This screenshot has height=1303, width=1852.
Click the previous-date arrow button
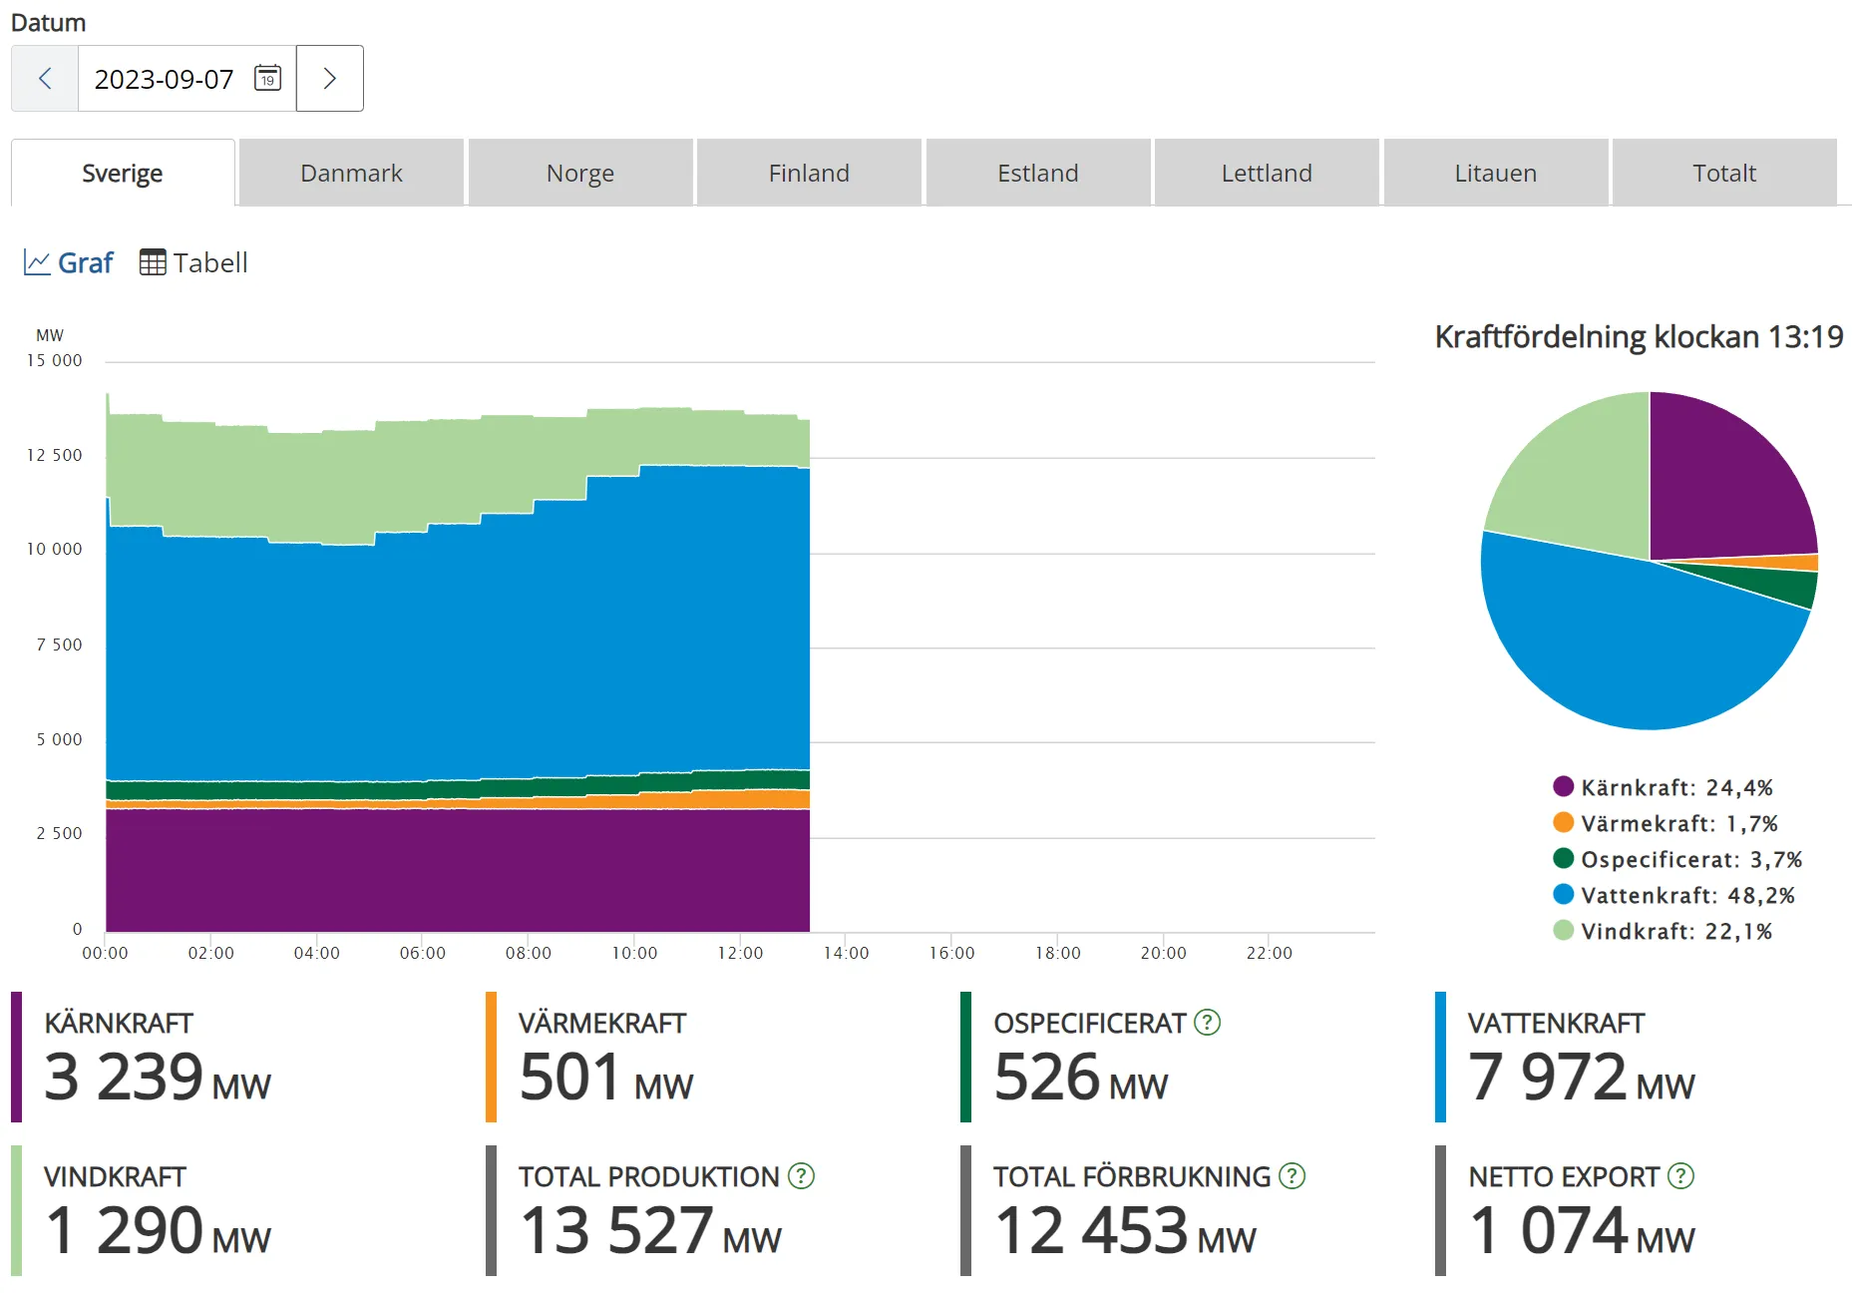click(45, 79)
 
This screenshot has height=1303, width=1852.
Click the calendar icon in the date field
click(267, 78)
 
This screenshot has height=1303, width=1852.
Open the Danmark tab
click(351, 174)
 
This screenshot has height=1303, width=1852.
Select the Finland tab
click(809, 174)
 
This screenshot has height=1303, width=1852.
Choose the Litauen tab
click(1495, 174)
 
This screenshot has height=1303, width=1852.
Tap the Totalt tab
click(1723, 174)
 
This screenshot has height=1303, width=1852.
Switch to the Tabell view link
click(193, 262)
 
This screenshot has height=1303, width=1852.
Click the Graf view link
click(69, 262)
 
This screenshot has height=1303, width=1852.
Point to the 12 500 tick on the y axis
click(55, 455)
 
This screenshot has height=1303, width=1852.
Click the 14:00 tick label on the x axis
click(846, 953)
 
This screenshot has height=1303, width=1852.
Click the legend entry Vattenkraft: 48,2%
click(1675, 895)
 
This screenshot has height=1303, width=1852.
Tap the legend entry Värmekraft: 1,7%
click(1666, 823)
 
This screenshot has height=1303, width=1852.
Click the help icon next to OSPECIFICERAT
click(1207, 1023)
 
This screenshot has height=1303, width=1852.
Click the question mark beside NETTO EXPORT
click(1680, 1176)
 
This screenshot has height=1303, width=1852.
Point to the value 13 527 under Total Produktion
click(616, 1230)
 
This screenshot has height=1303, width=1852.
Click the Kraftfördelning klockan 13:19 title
click(1639, 337)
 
